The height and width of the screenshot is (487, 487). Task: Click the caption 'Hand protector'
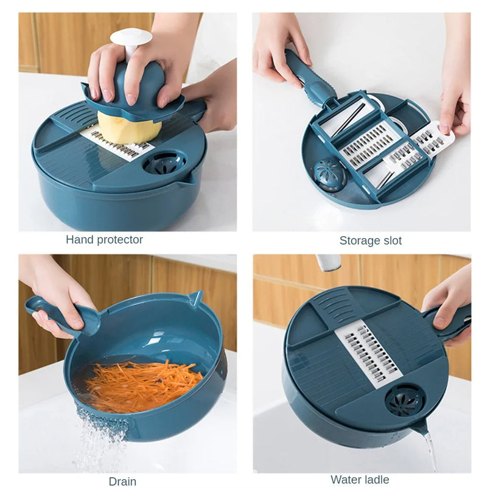point(104,240)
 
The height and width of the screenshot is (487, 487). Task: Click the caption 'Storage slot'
point(370,240)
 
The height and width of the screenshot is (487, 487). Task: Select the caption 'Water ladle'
point(360,480)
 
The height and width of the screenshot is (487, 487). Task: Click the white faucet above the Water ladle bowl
point(328,262)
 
